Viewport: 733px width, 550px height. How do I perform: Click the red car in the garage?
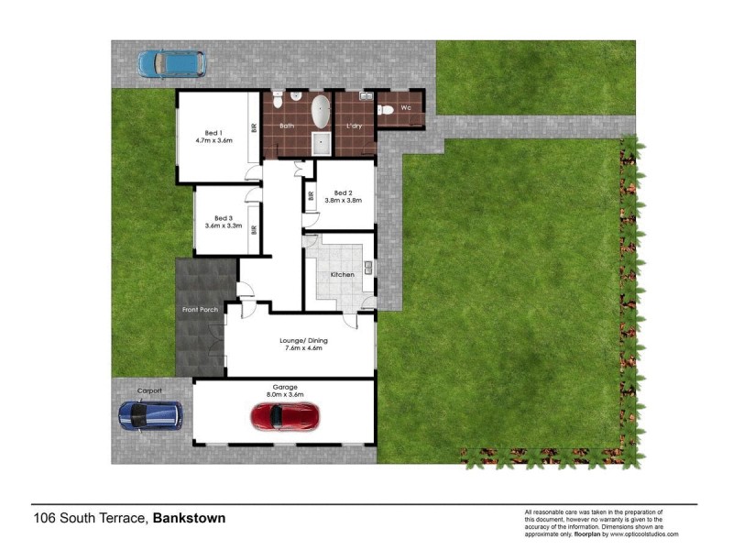284,417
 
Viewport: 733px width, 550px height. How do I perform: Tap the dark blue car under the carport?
150,416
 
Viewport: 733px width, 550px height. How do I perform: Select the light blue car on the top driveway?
171,62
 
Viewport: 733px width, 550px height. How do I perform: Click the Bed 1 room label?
213,137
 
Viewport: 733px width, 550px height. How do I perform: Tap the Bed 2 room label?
344,196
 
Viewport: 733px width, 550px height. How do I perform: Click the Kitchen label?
342,275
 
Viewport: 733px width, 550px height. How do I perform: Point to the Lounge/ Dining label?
303,344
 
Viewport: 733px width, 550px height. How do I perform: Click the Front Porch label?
200,309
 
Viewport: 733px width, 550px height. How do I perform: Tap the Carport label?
149,390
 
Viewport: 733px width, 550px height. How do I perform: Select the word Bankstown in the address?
189,518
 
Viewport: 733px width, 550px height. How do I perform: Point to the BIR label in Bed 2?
312,195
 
